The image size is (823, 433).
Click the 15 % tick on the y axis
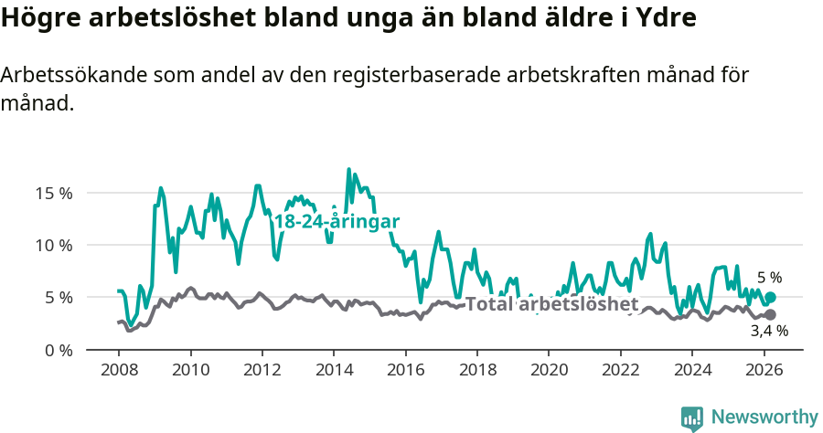click(54, 193)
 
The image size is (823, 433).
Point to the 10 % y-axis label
click(54, 245)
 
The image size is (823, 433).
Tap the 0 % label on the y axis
click(58, 350)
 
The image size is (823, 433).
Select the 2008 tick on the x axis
click(119, 371)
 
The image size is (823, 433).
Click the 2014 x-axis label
click(333, 371)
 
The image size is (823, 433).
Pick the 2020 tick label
click(548, 371)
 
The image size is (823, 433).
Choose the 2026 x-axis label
click(763, 371)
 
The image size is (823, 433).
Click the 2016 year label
click(404, 371)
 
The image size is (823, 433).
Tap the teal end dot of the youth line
click(770, 298)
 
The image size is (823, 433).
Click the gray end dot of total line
click(770, 315)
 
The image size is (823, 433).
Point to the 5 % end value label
click(770, 278)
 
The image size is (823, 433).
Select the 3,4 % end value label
click(769, 332)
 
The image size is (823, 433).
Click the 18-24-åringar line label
click(337, 222)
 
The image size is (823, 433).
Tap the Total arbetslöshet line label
click(551, 304)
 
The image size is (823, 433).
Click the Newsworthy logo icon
click(692, 418)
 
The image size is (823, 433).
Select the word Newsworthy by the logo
click(764, 417)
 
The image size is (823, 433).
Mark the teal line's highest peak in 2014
click(348, 169)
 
